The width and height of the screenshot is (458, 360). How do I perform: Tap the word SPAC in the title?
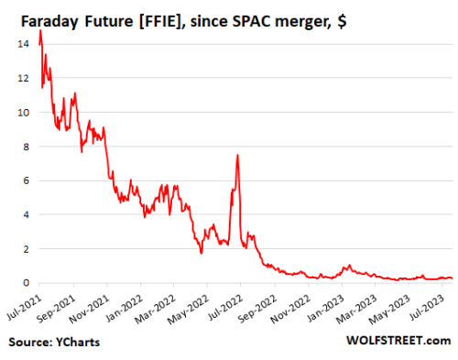click(x=278, y=14)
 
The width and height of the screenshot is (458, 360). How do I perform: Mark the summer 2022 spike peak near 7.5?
click(x=238, y=155)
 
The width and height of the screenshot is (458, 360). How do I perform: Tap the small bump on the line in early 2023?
click(x=348, y=266)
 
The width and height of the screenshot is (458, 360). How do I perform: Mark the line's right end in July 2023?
click(x=450, y=278)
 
